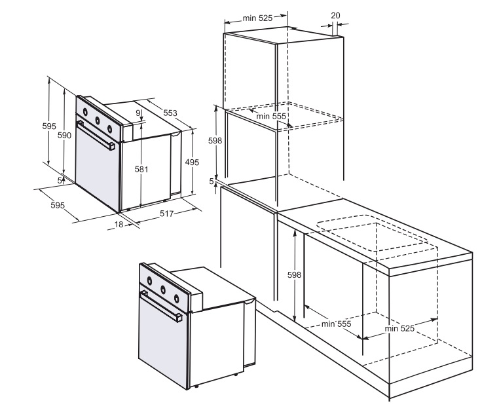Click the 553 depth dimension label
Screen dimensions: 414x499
coord(170,113)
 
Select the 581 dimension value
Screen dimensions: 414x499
coord(141,169)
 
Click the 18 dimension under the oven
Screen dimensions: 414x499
coord(119,224)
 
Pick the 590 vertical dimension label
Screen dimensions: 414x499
coord(64,135)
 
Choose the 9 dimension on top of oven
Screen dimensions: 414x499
coord(138,113)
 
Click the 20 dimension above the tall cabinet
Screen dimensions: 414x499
coord(335,15)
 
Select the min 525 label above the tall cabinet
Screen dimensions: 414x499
coord(257,18)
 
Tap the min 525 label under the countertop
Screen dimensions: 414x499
coord(399,328)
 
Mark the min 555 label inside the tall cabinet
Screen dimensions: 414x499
coord(272,116)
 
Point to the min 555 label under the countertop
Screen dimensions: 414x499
coord(337,324)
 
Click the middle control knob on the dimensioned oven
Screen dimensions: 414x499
coord(97,120)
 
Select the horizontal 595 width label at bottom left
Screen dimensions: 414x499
coord(58,205)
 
